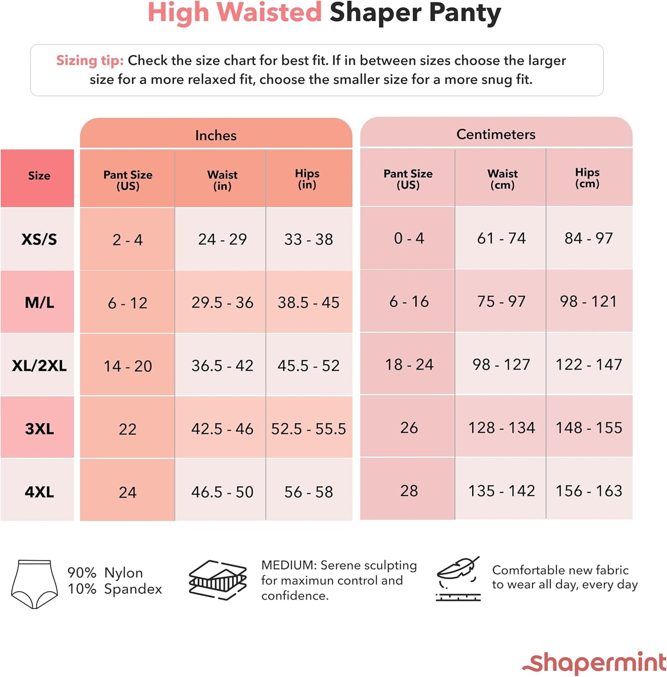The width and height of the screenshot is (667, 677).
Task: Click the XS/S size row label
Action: pyautogui.click(x=39, y=239)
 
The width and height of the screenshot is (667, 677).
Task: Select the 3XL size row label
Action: pyautogui.click(x=39, y=429)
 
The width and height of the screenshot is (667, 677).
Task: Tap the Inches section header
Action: pyautogui.click(x=216, y=135)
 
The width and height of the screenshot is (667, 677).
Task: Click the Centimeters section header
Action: pyautogui.click(x=496, y=134)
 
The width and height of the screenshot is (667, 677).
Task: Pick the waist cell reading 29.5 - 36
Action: pyautogui.click(x=222, y=303)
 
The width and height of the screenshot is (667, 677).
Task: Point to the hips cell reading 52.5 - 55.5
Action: pyautogui.click(x=308, y=429)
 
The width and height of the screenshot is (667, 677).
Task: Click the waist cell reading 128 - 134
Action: pyautogui.click(x=501, y=428)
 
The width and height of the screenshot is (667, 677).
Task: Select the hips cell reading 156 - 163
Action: pyautogui.click(x=589, y=491)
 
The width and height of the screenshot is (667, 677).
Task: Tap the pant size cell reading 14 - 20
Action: pyautogui.click(x=127, y=366)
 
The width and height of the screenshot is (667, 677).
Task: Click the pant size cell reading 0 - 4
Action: pyautogui.click(x=409, y=238)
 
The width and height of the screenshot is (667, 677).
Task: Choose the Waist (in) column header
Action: pyautogui.click(x=222, y=180)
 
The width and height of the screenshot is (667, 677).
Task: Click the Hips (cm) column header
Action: pyautogui.click(x=587, y=178)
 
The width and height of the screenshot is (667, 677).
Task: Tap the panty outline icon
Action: pyautogui.click(x=34, y=584)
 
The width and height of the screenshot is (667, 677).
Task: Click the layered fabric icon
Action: pyautogui.click(x=217, y=580)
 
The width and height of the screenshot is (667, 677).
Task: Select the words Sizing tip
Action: pyautogui.click(x=90, y=60)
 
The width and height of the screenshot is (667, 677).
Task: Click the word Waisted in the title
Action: pyautogui.click(x=269, y=12)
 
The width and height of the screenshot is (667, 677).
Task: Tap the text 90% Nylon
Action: pyautogui.click(x=105, y=573)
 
